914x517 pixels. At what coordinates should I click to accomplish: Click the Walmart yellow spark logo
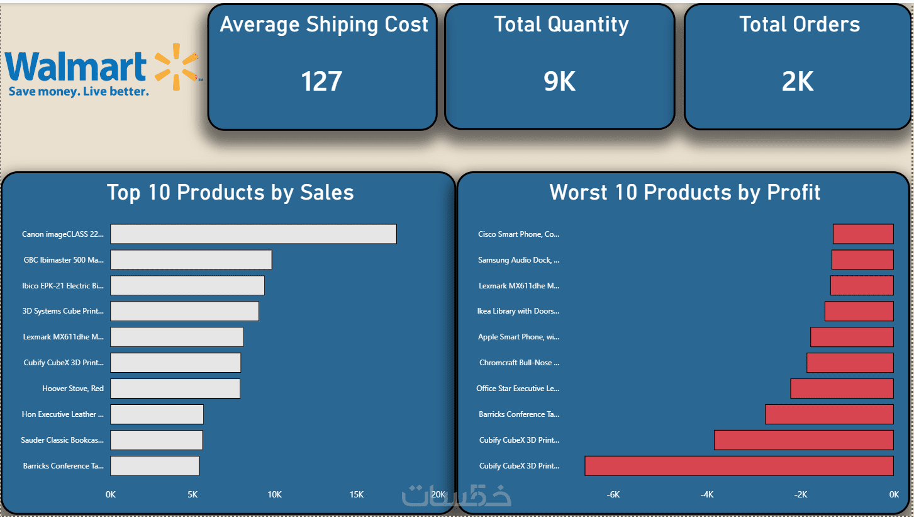[176, 67]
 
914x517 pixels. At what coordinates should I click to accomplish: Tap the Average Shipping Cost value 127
[321, 81]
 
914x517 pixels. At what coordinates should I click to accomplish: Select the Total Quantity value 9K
[559, 81]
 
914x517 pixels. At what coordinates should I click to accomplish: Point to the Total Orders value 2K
[798, 81]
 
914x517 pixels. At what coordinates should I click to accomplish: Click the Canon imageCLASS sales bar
[254, 234]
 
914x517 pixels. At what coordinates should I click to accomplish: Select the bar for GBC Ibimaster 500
[191, 259]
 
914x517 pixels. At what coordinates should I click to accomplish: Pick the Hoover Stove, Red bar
[175, 389]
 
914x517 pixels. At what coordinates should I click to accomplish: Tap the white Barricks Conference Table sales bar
[155, 466]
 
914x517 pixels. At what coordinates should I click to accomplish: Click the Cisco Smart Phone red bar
[864, 234]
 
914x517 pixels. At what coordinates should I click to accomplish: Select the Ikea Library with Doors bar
[859, 311]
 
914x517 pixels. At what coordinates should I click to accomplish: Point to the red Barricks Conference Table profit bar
[830, 414]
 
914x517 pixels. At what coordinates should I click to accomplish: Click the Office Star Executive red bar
[842, 389]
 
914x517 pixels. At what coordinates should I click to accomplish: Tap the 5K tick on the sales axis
[192, 494]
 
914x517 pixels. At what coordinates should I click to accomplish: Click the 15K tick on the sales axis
[356, 494]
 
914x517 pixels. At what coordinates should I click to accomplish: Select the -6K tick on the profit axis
[613, 494]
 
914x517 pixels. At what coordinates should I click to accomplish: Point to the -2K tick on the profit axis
[801, 494]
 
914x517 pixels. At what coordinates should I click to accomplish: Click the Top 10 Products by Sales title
[230, 192]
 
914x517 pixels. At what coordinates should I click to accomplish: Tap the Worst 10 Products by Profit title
[684, 192]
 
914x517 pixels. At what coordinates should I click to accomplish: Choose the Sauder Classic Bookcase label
[62, 440]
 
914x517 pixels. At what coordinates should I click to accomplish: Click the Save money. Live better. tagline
[79, 91]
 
